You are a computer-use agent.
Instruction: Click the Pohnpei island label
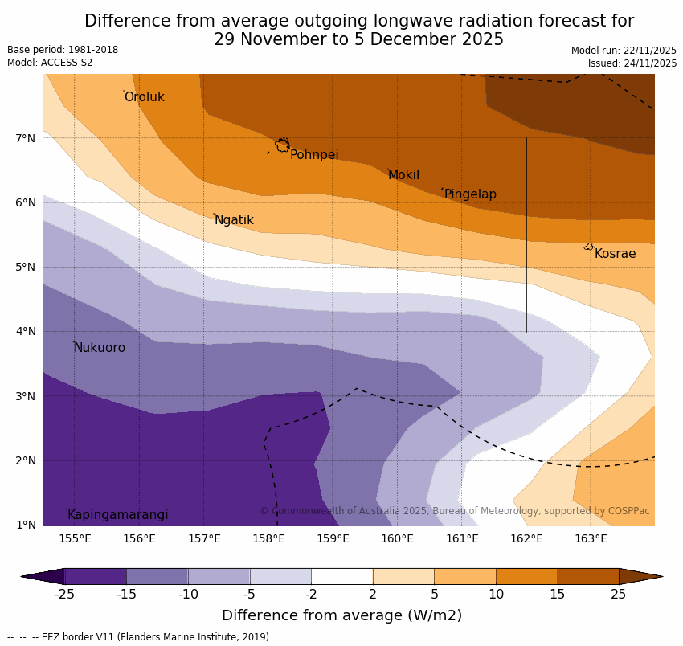click(314, 155)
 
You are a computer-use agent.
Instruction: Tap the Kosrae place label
click(615, 254)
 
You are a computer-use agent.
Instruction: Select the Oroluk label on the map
click(145, 97)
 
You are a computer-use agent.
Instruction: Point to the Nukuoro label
click(100, 348)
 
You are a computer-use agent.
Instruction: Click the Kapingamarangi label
click(118, 515)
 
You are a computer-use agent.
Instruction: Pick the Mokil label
click(403, 175)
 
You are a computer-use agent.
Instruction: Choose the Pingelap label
click(470, 194)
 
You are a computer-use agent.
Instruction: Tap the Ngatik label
click(234, 220)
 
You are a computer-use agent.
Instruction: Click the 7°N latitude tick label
click(26, 138)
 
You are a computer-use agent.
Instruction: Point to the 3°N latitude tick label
click(26, 396)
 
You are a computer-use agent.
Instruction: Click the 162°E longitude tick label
click(526, 539)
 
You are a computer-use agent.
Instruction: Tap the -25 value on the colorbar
click(64, 595)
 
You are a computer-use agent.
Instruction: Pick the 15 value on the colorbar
click(558, 595)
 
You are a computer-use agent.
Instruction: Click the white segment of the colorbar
click(341, 576)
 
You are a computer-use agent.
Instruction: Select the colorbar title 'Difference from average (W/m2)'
click(341, 616)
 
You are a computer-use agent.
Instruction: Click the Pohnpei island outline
click(282, 145)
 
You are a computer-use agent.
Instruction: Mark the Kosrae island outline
click(589, 247)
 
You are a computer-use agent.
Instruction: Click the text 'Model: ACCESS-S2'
click(50, 63)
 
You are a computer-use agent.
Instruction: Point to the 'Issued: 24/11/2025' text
click(632, 63)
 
